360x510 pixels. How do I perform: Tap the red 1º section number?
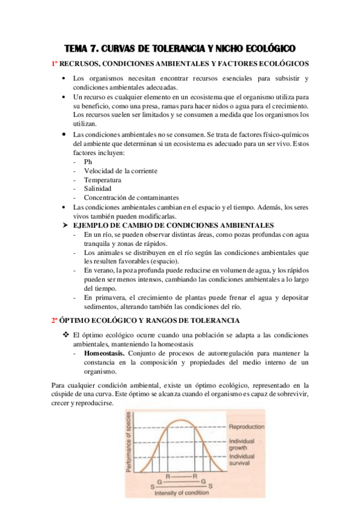[x=54, y=63]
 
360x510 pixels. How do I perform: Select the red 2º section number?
[x=54, y=321]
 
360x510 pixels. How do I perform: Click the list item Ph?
[x=88, y=162]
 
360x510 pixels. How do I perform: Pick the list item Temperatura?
[x=103, y=180]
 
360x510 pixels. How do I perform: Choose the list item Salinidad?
[x=97, y=189]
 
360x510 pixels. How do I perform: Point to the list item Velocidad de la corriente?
[x=121, y=171]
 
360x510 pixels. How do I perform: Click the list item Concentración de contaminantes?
[x=131, y=197]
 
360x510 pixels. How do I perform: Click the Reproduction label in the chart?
[x=246, y=427]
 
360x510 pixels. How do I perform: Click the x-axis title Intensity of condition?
[x=182, y=494]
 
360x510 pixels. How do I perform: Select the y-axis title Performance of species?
[x=130, y=444]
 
